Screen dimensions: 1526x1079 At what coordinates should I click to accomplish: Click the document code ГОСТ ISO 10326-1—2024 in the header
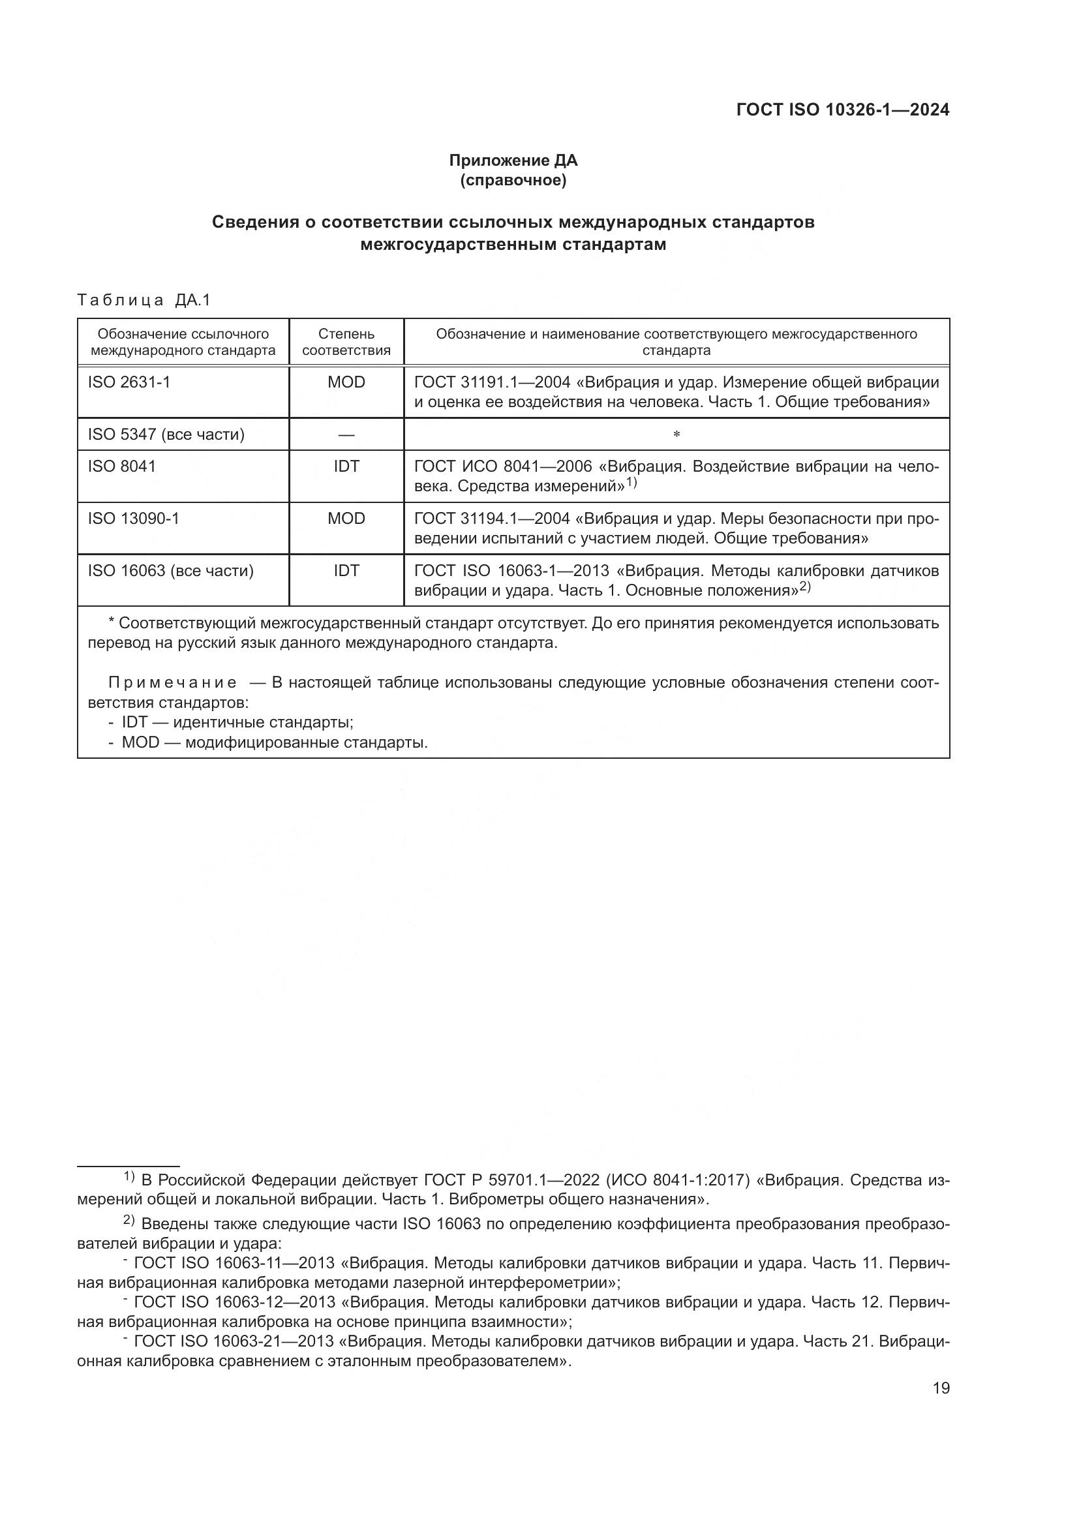[842, 110]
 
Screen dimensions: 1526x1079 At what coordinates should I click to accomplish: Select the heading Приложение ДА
[513, 160]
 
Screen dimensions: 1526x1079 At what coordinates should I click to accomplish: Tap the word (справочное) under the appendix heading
[513, 180]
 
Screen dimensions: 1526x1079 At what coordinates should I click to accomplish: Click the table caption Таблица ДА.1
[144, 300]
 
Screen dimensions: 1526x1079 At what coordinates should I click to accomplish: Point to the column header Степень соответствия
[346, 343]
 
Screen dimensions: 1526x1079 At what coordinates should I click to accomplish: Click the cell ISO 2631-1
[129, 382]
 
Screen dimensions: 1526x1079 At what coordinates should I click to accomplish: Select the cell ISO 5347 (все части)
[166, 435]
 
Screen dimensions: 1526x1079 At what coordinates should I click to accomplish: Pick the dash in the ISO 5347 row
[346, 435]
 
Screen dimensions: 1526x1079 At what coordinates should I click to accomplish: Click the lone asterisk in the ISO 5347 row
[676, 435]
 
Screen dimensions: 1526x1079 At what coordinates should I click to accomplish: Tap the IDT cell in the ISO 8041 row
[346, 466]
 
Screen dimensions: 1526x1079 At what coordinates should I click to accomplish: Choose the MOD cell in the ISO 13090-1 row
[346, 519]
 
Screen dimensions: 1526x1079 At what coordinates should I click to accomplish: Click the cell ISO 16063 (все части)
[171, 571]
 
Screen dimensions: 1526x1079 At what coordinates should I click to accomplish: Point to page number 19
[941, 1388]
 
